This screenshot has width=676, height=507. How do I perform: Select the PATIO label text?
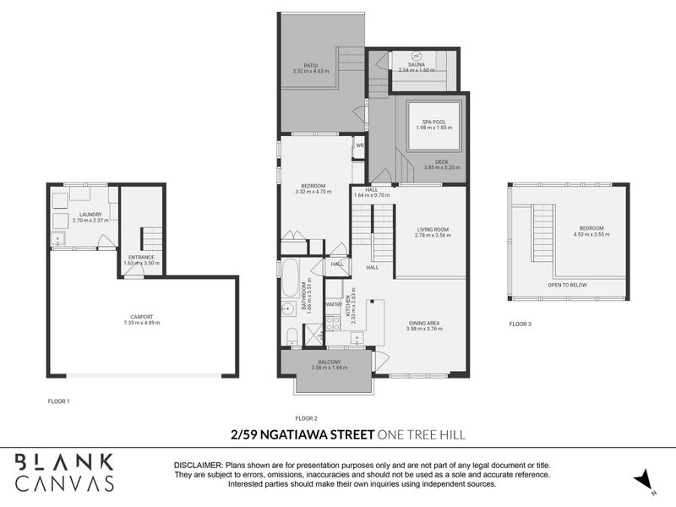click(309, 64)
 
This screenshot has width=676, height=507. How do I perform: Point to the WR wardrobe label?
click(359, 145)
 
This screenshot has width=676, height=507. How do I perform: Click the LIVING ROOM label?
click(433, 229)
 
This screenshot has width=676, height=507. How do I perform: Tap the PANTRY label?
click(333, 304)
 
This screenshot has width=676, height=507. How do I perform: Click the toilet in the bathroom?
click(289, 336)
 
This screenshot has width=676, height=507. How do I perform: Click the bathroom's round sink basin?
click(286, 310)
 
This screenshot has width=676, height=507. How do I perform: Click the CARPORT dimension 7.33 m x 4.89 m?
click(141, 323)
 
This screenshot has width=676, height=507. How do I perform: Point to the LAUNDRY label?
click(90, 215)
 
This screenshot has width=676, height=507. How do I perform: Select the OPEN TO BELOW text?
click(568, 285)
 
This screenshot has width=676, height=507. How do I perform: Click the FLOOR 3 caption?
click(521, 324)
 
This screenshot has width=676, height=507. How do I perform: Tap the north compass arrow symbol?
click(644, 478)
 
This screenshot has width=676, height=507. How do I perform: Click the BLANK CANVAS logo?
click(65, 472)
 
